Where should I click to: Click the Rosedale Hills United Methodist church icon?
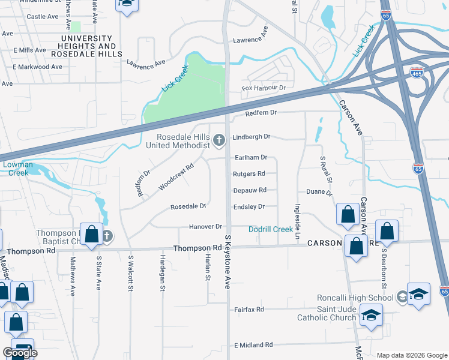tap(219, 141)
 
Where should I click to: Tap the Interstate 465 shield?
tap(417, 72)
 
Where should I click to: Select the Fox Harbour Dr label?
tap(263, 88)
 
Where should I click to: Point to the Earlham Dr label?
tap(250, 157)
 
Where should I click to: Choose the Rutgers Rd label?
tap(249, 174)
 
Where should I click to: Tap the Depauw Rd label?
tap(250, 190)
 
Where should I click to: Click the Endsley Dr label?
tap(249, 206)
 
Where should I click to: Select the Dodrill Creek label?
tap(271, 229)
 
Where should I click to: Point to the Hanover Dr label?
tap(206, 227)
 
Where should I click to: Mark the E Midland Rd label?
tap(253, 345)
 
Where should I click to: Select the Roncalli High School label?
tap(355, 298)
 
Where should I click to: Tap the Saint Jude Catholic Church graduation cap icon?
tap(372, 316)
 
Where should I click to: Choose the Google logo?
tap(20, 353)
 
